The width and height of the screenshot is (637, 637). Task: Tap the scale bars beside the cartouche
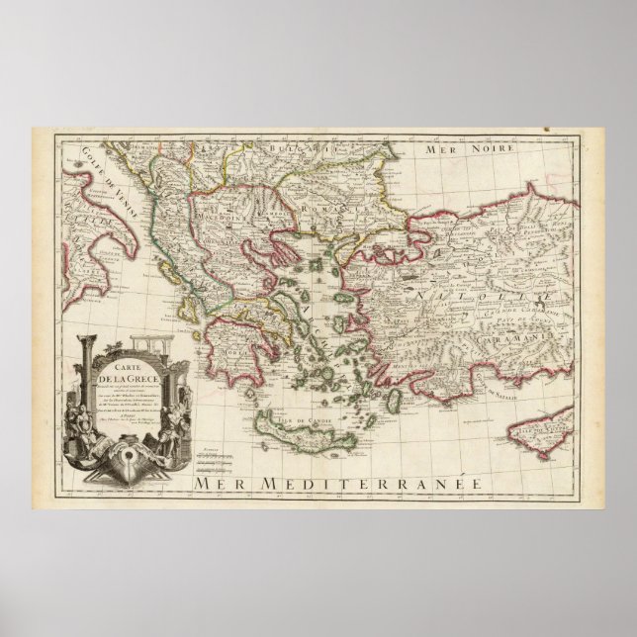[x=213, y=457]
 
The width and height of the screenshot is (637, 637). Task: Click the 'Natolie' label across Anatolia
[x=465, y=295]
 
